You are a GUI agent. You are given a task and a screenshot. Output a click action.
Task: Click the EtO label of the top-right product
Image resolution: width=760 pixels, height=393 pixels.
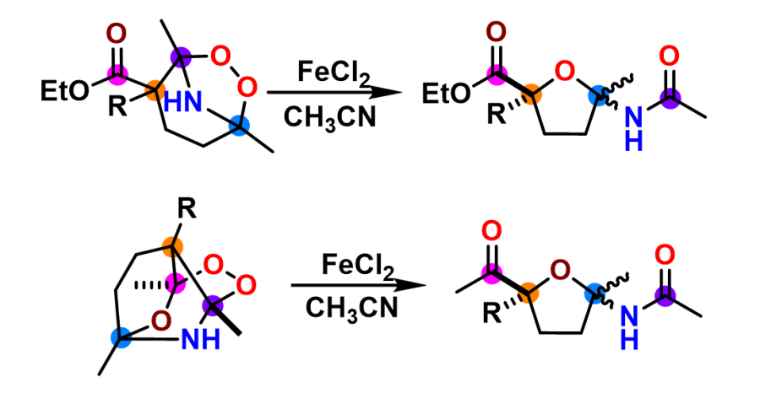tap(445, 91)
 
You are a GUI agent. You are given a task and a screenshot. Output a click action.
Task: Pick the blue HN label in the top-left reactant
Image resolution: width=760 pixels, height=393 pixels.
tap(183, 103)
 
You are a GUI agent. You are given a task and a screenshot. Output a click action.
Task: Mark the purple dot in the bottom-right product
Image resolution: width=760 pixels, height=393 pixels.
tap(667, 294)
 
